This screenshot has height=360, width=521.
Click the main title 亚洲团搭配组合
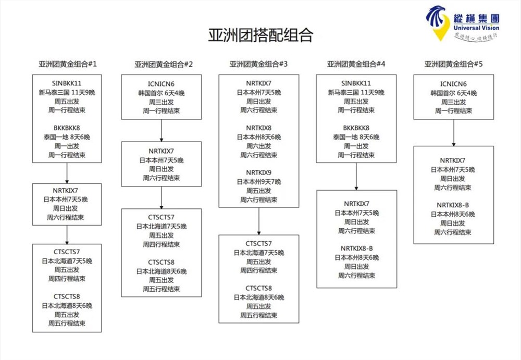[x=260, y=35]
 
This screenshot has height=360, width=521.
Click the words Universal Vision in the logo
[x=476, y=28]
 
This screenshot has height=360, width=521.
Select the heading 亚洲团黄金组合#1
[x=68, y=64]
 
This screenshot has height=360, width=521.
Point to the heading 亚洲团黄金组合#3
[x=258, y=64]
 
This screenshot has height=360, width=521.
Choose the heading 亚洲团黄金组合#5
[x=453, y=64]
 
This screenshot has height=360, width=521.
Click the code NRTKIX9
[x=258, y=172]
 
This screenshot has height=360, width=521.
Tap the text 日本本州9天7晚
[x=258, y=181]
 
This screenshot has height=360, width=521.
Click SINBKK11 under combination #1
[x=67, y=83]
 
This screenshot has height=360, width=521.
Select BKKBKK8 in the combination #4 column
[x=356, y=128]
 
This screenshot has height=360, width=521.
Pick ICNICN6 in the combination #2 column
[x=161, y=83]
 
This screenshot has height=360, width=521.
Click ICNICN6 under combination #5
[x=453, y=83]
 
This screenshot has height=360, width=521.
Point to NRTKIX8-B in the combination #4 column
[x=356, y=248]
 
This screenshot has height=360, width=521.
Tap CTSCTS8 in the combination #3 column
[x=258, y=288]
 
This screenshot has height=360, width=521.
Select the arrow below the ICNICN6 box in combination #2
[x=162, y=130]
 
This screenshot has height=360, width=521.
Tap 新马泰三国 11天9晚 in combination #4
[x=356, y=92]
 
